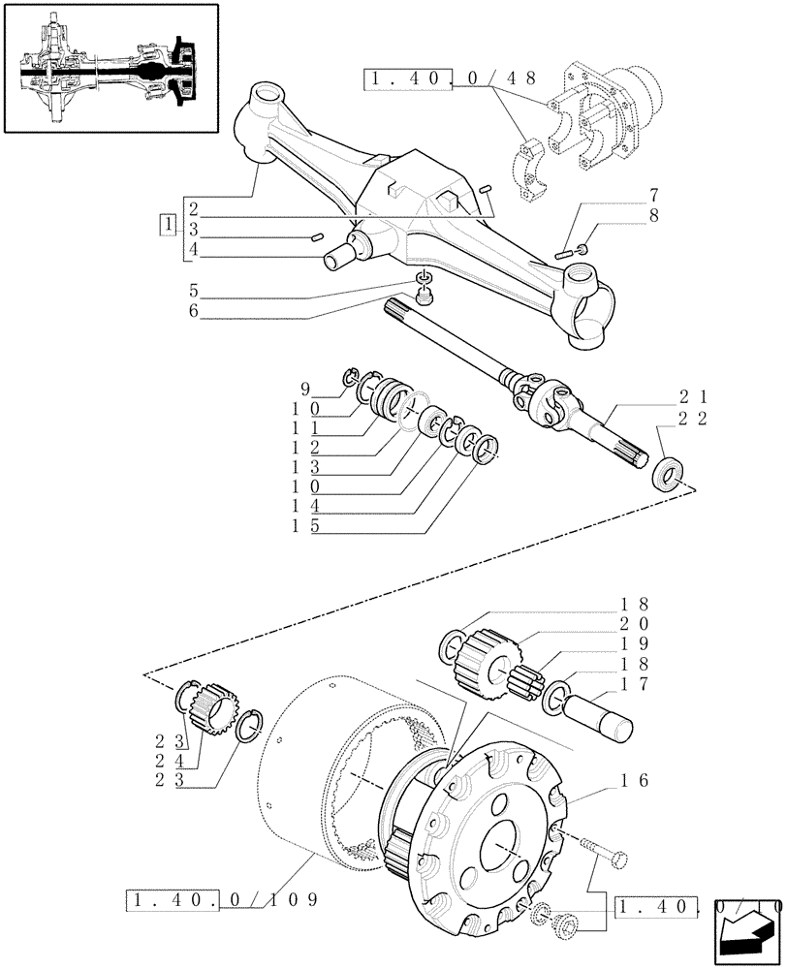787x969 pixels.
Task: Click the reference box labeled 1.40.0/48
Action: pos(450,80)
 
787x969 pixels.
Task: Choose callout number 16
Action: pos(635,779)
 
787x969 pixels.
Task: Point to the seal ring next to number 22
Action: pos(668,473)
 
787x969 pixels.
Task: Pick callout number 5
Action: pos(193,290)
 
